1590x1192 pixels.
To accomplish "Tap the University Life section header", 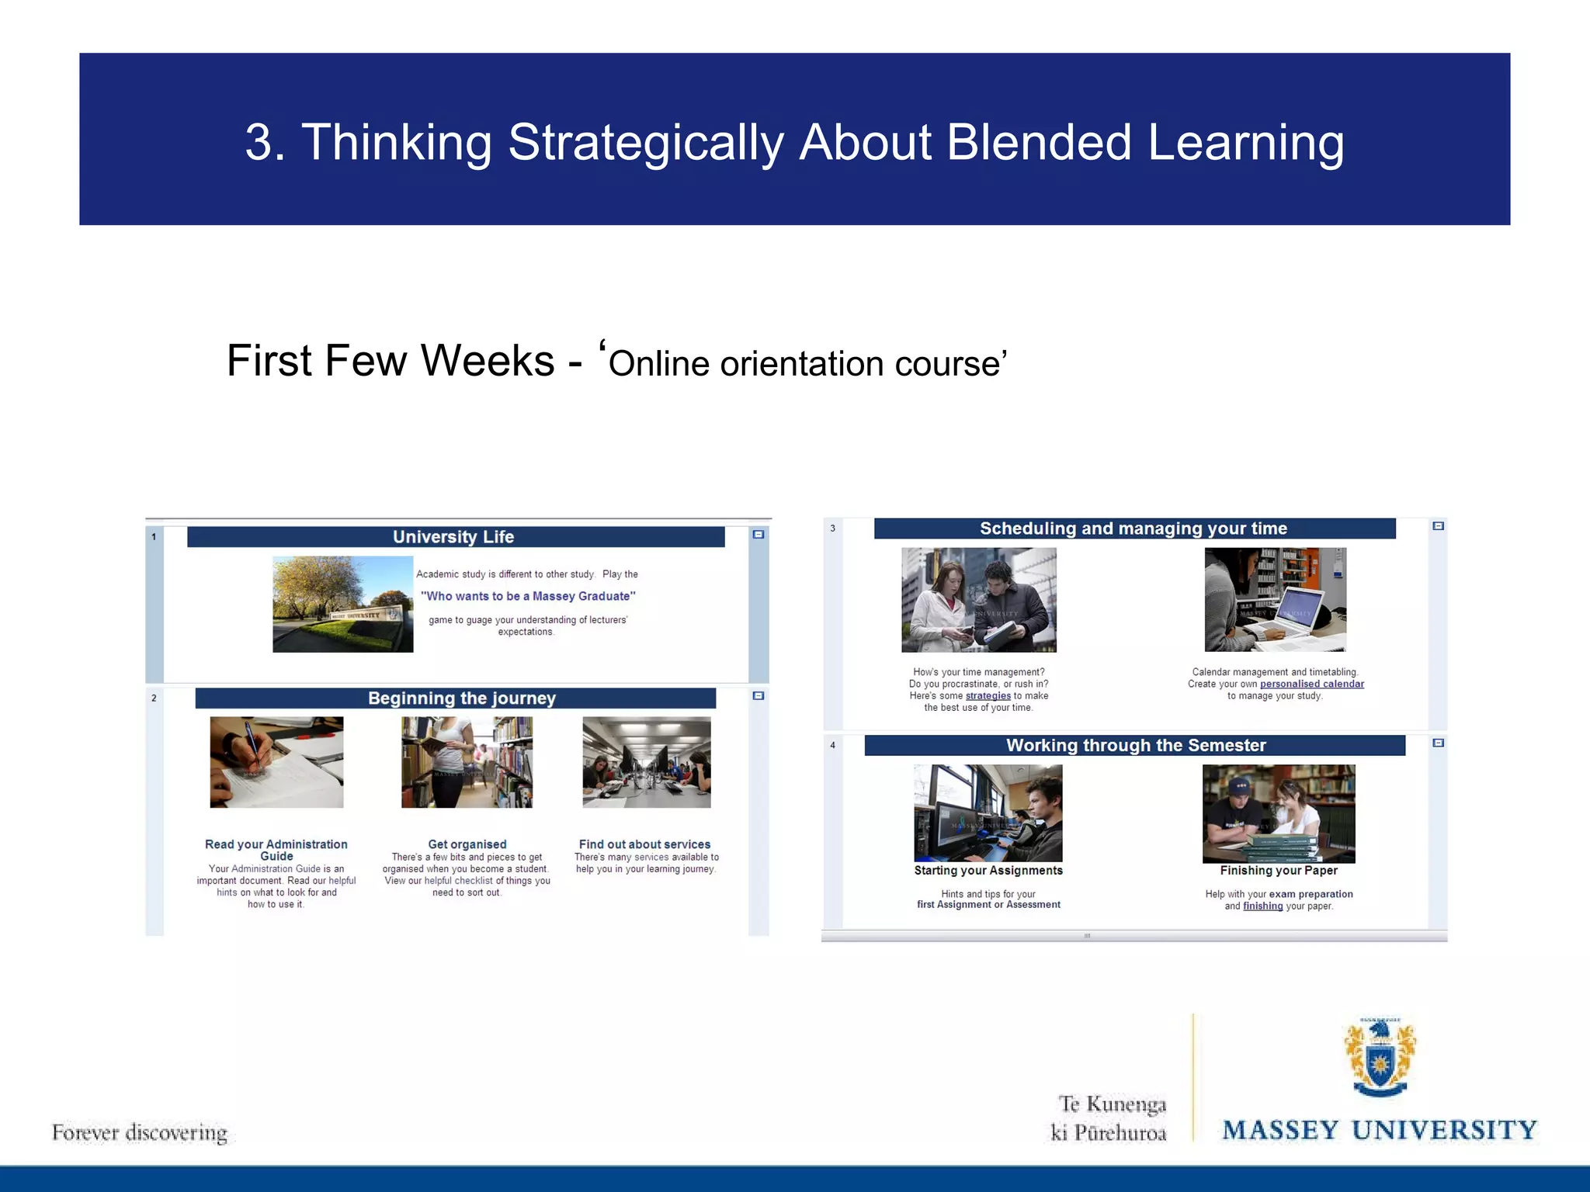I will tap(453, 537).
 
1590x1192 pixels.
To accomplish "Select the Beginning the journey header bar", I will tap(461, 698).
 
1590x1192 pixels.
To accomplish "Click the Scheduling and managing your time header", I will tap(1133, 528).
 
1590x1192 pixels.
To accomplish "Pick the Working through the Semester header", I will tap(1135, 746).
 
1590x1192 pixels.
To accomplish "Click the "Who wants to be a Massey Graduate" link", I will tap(528, 596).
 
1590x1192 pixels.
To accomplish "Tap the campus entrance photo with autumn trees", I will tap(342, 604).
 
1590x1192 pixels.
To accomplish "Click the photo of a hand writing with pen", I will tap(276, 762).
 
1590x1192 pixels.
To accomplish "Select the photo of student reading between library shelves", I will tap(467, 762).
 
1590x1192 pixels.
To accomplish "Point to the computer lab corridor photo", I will tap(646, 762).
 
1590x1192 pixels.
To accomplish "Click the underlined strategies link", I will tap(988, 696).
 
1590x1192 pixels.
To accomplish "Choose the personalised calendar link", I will tap(1311, 684).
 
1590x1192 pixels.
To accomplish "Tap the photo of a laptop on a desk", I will tap(1275, 599).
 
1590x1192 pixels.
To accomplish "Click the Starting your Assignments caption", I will tap(988, 871).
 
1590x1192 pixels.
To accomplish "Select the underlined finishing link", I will tap(1262, 906).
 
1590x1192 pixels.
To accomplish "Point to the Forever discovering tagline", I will tap(140, 1133).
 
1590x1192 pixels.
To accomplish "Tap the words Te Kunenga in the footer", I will tap(1112, 1104).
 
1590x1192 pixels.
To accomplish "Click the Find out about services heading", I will tap(644, 844).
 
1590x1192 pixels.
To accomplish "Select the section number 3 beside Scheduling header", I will tap(832, 528).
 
